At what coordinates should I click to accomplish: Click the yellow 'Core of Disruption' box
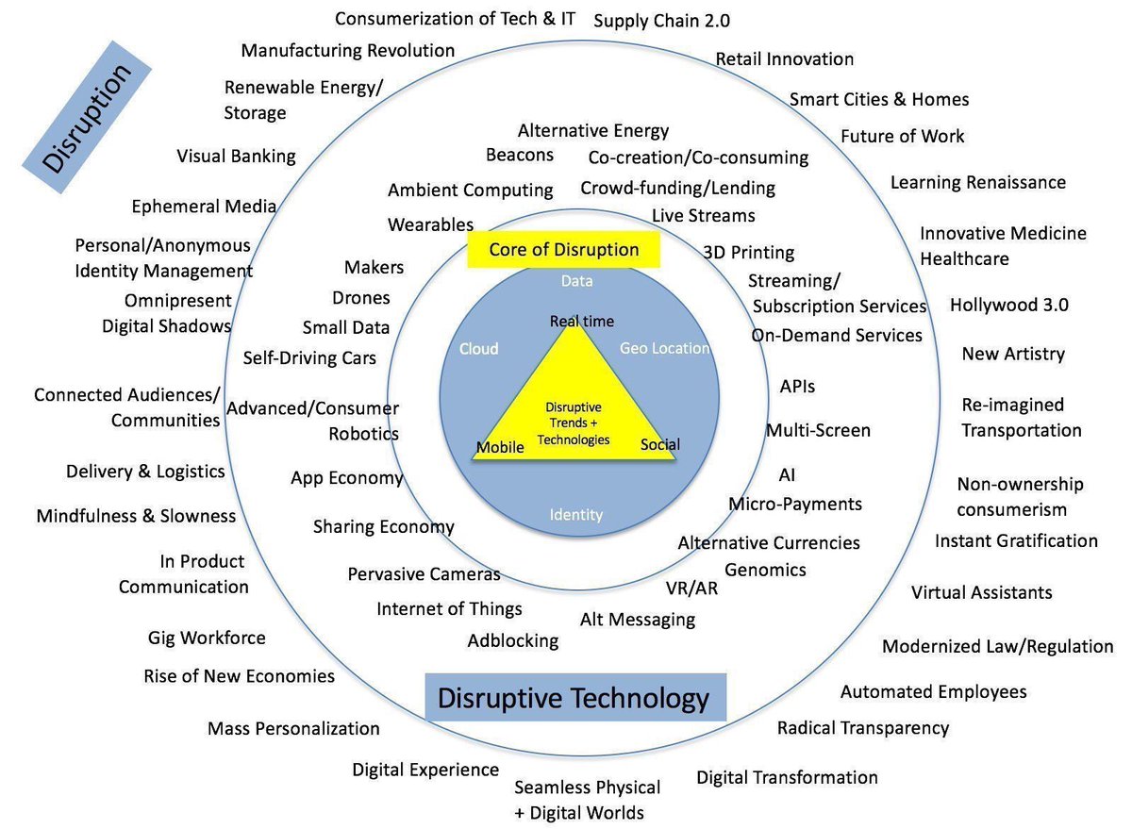[563, 250]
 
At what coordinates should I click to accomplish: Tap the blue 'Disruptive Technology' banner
[574, 699]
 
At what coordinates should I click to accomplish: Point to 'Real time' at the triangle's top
[582, 322]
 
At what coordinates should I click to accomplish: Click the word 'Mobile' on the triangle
[500, 447]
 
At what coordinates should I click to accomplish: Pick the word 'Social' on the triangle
[659, 444]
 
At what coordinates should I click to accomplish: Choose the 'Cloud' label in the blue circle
[478, 349]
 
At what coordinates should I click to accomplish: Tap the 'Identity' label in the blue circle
[576, 514]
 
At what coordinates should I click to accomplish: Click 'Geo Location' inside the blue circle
[664, 348]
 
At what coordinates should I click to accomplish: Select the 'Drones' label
[361, 298]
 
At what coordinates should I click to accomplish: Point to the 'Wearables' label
[431, 224]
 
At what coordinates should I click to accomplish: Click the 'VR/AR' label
[692, 589]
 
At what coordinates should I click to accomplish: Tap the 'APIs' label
[797, 387]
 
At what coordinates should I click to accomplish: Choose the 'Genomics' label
[765, 570]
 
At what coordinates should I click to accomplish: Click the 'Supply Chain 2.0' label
[662, 21]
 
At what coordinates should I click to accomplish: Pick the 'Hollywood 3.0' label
[1009, 305]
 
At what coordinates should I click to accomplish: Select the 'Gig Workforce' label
[207, 638]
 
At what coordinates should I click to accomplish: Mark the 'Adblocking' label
[513, 641]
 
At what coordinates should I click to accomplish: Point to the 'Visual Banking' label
[236, 156]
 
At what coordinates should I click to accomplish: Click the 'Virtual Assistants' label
[981, 592]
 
